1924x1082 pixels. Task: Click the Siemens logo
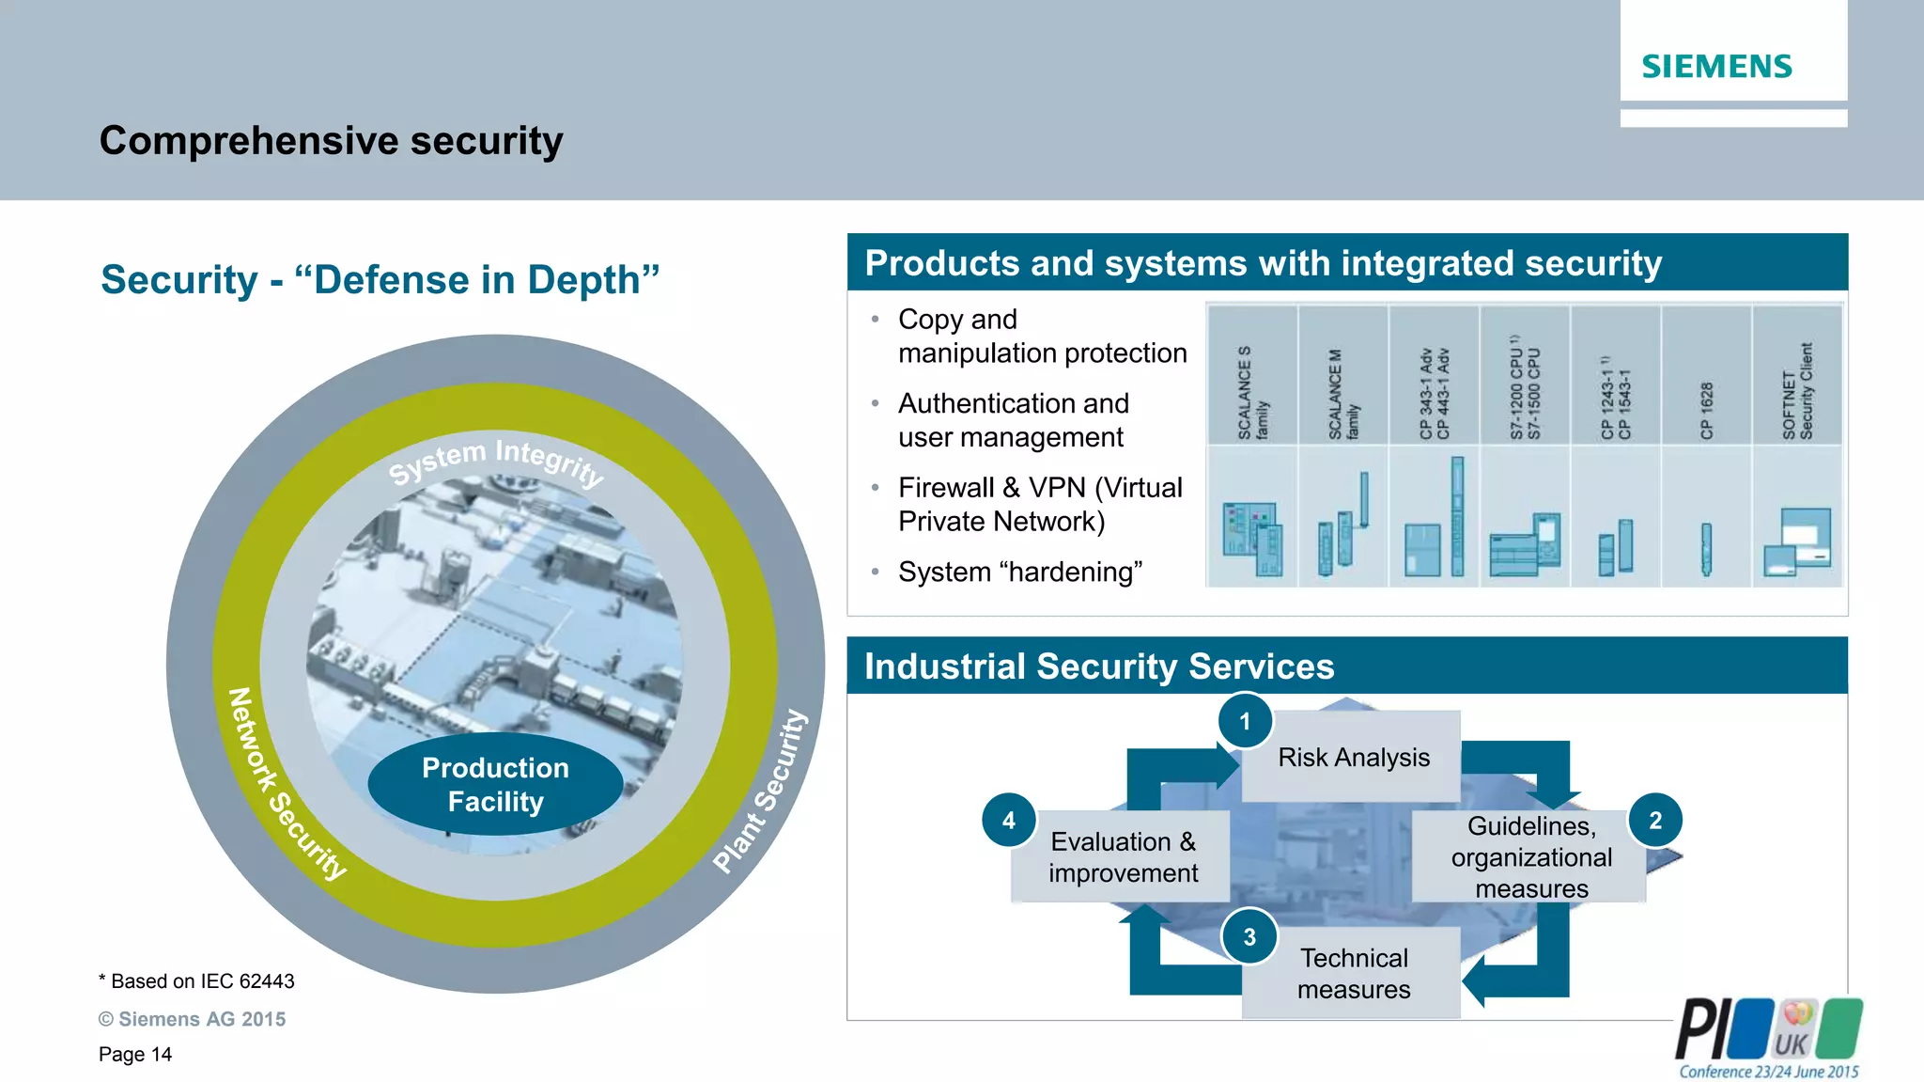pyautogui.click(x=1716, y=66)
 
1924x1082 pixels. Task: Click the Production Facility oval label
pyautogui.click(x=495, y=785)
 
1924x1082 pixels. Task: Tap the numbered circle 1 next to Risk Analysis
pyautogui.click(x=1245, y=721)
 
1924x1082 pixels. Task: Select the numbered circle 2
pyautogui.click(x=1655, y=820)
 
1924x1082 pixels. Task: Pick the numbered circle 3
pyautogui.click(x=1249, y=936)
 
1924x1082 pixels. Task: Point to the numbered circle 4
pyautogui.click(x=1008, y=820)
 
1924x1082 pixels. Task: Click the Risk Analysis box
pyautogui.click(x=1353, y=757)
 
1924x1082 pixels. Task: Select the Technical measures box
pyautogui.click(x=1353, y=974)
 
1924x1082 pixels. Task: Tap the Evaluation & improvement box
pyautogui.click(x=1123, y=856)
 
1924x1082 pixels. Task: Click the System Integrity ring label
pyautogui.click(x=495, y=461)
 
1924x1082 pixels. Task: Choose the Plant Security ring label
pyautogui.click(x=760, y=792)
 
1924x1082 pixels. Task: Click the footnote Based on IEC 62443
pyautogui.click(x=196, y=981)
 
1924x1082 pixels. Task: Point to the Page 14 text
pyautogui.click(x=135, y=1054)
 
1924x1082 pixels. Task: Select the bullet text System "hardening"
pyautogui.click(x=1019, y=572)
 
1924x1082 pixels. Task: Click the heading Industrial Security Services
pyautogui.click(x=1098, y=666)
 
